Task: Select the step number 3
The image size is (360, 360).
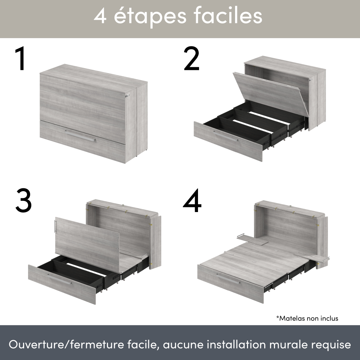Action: (x=23, y=201)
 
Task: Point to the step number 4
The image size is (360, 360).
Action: (x=192, y=201)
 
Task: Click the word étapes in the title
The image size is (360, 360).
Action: (x=150, y=17)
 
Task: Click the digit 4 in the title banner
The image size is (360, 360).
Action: (x=100, y=16)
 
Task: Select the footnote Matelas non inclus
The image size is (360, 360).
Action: (x=307, y=318)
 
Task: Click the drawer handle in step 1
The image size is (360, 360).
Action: (x=80, y=136)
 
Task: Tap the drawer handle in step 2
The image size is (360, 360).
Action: (x=226, y=136)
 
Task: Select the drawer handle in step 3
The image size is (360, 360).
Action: (x=59, y=279)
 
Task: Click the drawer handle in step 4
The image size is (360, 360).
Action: (x=228, y=278)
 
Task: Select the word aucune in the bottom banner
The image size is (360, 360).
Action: (x=183, y=345)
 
